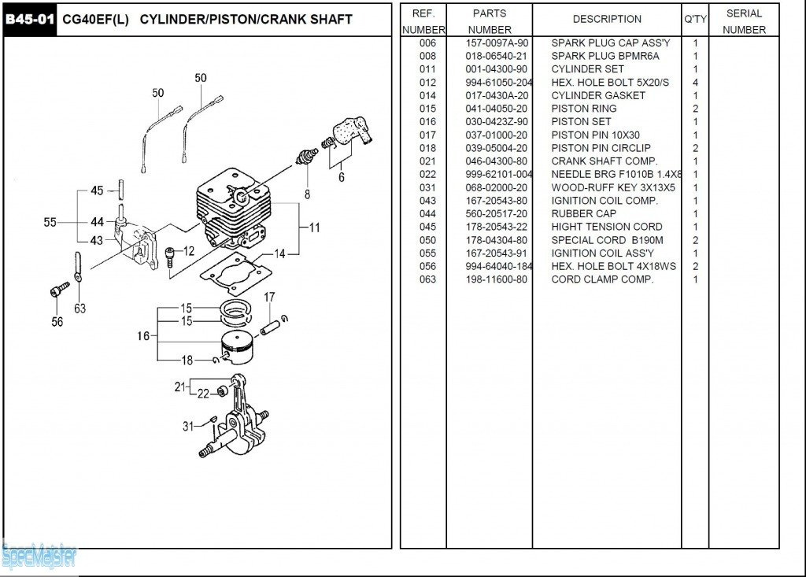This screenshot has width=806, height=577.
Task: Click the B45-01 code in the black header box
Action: coord(31,19)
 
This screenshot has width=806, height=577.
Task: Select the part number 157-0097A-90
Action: coord(497,43)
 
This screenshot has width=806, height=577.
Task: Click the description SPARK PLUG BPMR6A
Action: coord(605,56)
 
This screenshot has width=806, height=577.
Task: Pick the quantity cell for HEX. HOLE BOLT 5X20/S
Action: coord(695,83)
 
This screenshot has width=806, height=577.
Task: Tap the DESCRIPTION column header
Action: coord(607,19)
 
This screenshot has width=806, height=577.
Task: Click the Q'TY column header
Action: coord(695,19)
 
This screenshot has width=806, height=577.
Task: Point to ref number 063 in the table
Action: coord(427,279)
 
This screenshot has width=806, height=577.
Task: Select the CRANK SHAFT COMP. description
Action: coord(604,161)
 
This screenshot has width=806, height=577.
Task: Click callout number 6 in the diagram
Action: coord(341,178)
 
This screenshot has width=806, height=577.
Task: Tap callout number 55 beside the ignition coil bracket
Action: coord(50,223)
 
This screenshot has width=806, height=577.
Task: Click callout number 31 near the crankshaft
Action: coord(188,426)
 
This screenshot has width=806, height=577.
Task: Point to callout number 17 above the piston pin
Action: coord(269,298)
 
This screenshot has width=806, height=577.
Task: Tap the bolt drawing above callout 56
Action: coord(60,290)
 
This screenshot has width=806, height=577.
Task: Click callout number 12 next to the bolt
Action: coord(189,251)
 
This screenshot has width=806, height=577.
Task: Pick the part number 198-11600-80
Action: coord(497,279)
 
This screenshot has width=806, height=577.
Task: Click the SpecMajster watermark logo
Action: coord(39,557)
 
